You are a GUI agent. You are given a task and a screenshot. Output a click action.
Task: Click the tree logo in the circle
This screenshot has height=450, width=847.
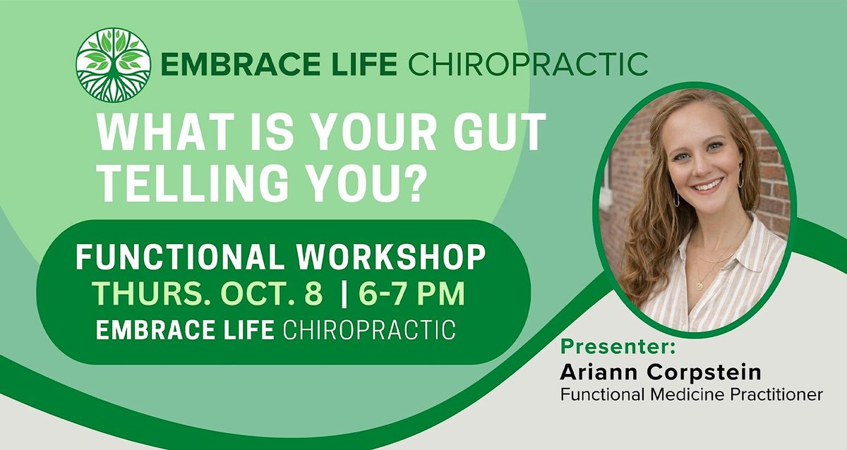pyautogui.click(x=114, y=65)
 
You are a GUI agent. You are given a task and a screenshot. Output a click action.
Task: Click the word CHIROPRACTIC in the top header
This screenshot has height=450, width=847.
pyautogui.click(x=528, y=64)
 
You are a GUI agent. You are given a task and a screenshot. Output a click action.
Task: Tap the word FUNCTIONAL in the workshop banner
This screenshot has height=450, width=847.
pyautogui.click(x=180, y=257)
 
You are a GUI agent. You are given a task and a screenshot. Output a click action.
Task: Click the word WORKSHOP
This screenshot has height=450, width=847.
pyautogui.click(x=390, y=257)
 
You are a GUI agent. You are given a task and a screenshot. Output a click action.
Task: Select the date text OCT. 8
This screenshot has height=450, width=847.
pyautogui.click(x=272, y=293)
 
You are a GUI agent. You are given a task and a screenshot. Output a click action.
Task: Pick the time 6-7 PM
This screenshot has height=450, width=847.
pyautogui.click(x=412, y=293)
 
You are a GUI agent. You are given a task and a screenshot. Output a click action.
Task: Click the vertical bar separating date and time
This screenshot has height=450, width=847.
pyautogui.click(x=344, y=293)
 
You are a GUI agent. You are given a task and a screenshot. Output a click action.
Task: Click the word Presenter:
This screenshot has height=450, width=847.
pyautogui.click(x=618, y=347)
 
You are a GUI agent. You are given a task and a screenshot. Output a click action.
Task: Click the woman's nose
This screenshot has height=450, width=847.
pyautogui.click(x=699, y=167)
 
